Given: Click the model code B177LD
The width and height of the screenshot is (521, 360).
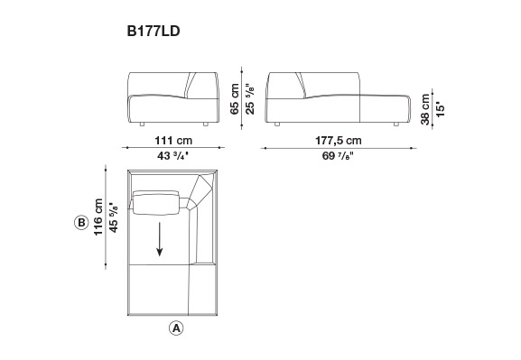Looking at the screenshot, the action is (x=154, y=32).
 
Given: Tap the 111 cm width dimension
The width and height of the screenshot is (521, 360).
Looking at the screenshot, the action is (x=173, y=141).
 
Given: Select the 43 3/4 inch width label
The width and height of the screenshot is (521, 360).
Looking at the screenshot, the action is (x=172, y=156).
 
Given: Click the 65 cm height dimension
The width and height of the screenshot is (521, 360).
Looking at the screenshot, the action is (x=235, y=99).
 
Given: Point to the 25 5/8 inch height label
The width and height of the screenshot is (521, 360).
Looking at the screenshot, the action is (x=250, y=99).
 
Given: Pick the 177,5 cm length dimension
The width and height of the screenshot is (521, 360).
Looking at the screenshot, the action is (x=339, y=141).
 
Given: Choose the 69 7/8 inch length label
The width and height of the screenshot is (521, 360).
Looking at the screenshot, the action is (x=338, y=156).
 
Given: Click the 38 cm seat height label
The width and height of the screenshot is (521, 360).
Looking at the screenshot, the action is (x=425, y=109).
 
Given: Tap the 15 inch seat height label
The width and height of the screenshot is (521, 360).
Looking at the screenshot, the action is (x=441, y=109).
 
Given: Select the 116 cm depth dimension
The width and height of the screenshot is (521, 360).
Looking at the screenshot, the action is (x=98, y=217).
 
